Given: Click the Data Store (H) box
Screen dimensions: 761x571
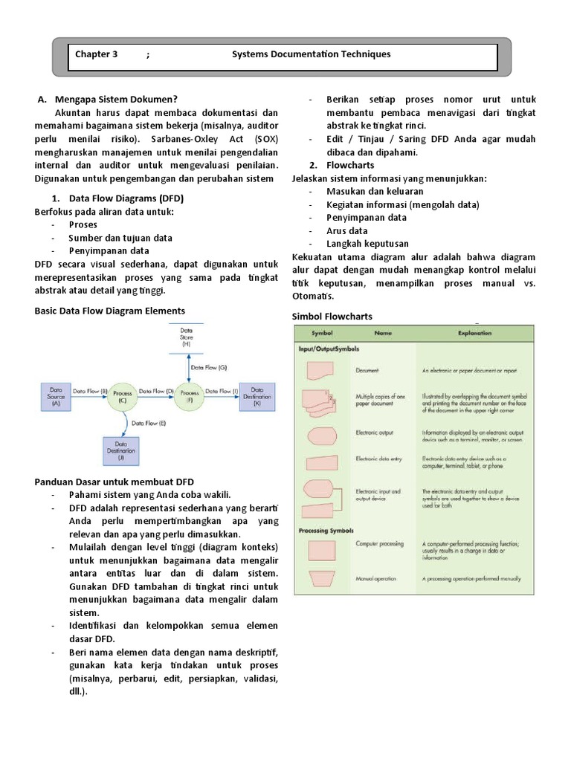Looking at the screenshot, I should tap(187, 339).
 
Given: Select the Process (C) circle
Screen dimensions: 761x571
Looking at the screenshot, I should tap(122, 396).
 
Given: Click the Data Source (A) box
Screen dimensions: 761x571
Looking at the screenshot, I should tap(57, 394).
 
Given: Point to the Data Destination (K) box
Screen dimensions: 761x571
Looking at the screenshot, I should tap(257, 394).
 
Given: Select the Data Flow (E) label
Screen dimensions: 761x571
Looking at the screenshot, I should tap(148, 423).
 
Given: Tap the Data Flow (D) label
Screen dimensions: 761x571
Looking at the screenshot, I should tap(156, 390).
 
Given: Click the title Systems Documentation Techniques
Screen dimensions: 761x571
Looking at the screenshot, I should tap(311, 55).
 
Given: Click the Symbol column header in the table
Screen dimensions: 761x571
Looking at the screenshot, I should tap(322, 334).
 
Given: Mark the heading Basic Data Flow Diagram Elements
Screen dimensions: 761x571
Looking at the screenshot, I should tap(110, 311).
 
